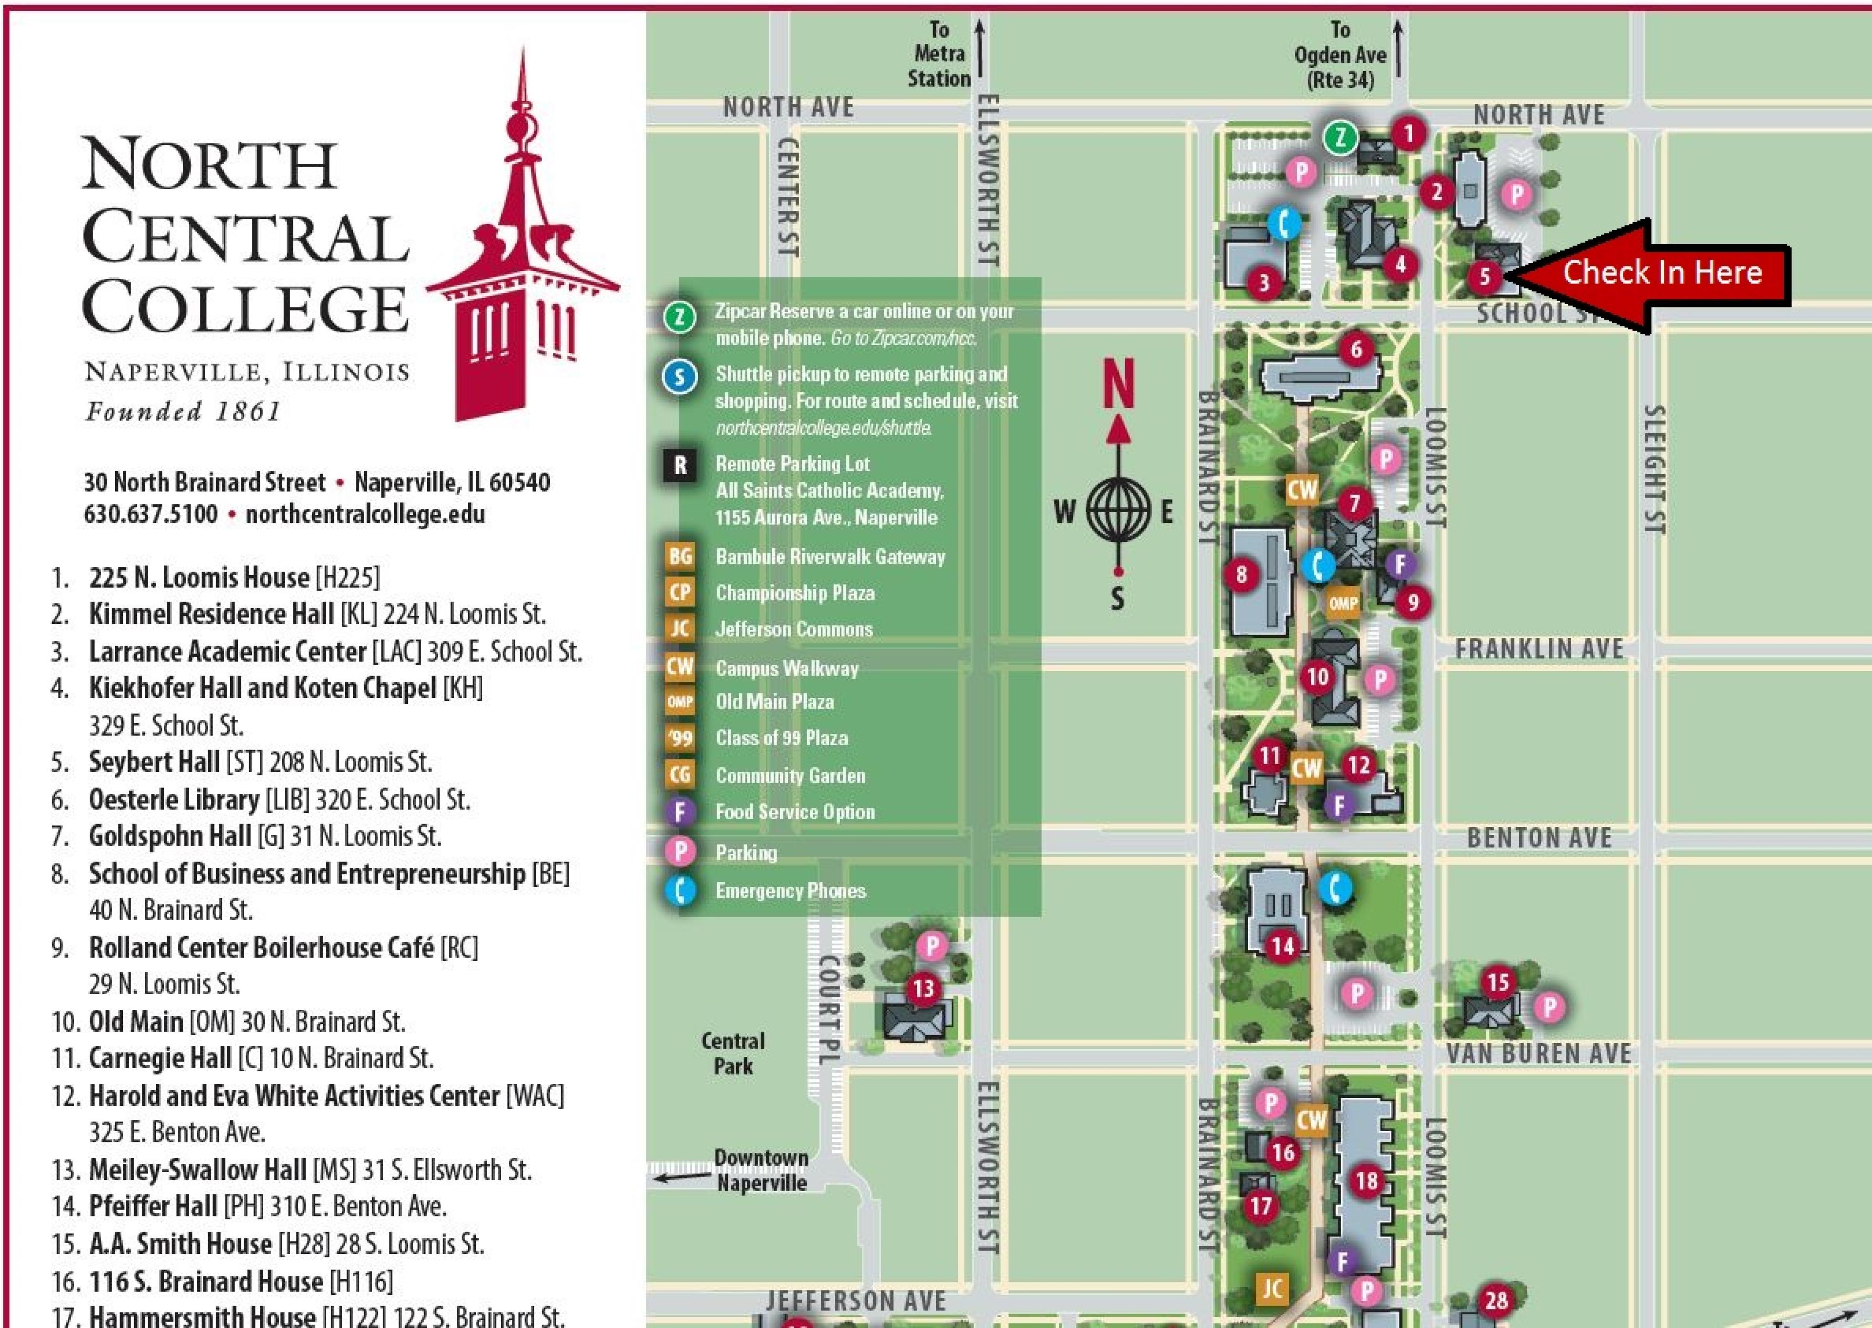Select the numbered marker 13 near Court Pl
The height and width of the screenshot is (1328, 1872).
tap(923, 989)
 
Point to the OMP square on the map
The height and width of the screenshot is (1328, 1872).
tap(1343, 603)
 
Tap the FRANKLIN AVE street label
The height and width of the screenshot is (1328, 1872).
tap(1539, 649)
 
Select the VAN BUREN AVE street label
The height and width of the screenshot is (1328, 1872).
tap(1539, 1053)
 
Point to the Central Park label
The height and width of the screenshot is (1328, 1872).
tap(733, 1053)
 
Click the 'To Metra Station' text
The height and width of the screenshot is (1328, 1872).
tap(939, 55)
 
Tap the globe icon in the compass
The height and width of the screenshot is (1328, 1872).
tap(1118, 512)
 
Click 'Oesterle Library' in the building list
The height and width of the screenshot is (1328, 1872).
tap(174, 799)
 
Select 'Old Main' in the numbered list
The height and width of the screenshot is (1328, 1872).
tap(136, 1021)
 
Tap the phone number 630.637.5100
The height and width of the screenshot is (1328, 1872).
tap(151, 514)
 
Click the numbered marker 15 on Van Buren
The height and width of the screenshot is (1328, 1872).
tap(1498, 982)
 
